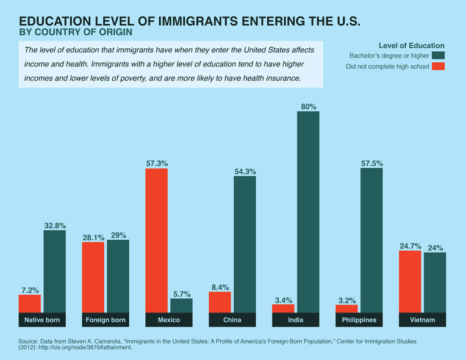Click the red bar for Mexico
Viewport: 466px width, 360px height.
156,240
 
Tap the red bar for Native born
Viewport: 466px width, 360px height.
30,304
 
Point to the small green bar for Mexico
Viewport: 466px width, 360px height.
181,306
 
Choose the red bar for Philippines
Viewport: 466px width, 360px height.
346,309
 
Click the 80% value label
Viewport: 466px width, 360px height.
309,107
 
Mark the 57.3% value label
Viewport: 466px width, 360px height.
156,164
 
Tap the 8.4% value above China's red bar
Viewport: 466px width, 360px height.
220,287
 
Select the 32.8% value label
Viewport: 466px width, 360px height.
55,226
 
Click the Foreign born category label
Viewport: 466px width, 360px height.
106,320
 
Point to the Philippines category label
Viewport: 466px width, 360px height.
359,320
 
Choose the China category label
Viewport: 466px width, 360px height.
232,320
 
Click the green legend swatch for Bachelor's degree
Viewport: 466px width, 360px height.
439,55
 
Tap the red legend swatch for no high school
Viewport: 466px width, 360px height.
439,66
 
